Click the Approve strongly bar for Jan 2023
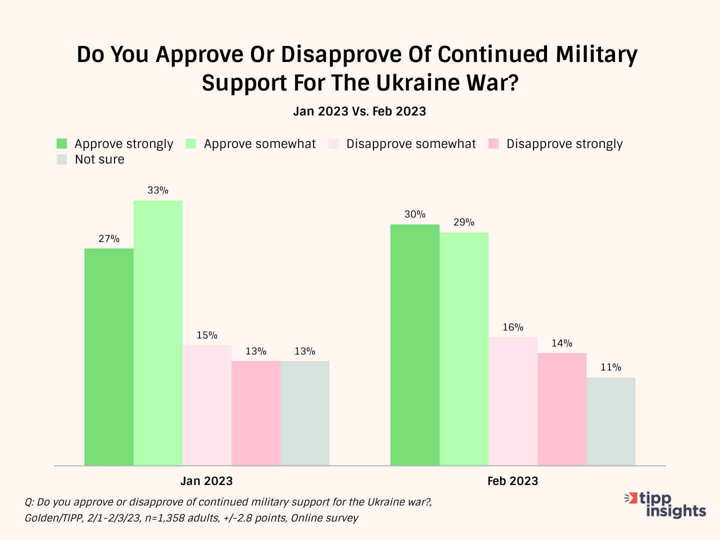point(109,357)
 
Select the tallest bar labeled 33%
point(158,333)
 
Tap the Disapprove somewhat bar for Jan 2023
point(207,405)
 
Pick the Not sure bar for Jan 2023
point(305,413)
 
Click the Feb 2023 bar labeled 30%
point(415,345)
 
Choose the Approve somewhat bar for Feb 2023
point(464,349)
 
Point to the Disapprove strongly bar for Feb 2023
point(562,409)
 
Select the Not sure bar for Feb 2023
point(611,421)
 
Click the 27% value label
point(109,239)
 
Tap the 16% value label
point(513,327)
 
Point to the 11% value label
point(611,367)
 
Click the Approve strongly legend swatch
point(62,144)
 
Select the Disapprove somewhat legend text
point(411,144)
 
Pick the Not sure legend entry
point(99,159)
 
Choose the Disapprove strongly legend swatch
point(493,144)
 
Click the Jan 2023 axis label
point(206,481)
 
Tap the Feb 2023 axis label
point(512,481)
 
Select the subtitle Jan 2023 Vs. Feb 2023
point(359,111)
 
